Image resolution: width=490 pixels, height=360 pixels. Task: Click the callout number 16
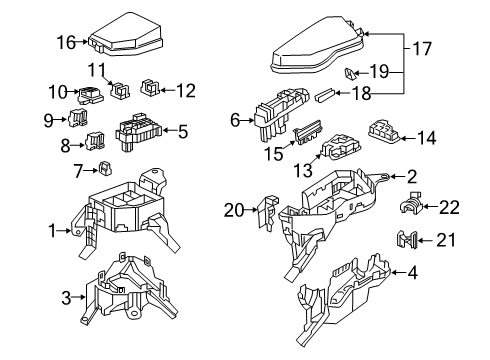(65, 42)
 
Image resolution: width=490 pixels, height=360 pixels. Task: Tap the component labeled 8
(96, 142)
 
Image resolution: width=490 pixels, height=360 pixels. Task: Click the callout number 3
(66, 297)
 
